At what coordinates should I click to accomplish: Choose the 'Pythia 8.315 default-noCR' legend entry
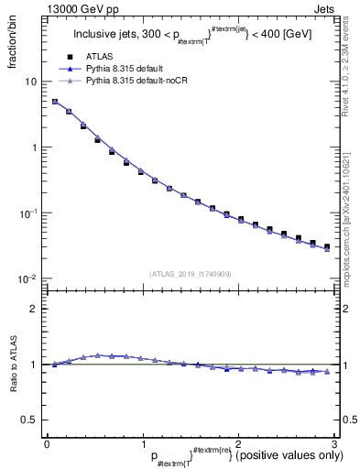(137, 82)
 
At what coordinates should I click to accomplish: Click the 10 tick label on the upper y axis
(30, 82)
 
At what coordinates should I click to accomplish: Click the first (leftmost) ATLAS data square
(55, 103)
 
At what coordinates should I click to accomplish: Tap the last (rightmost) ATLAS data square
(327, 246)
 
